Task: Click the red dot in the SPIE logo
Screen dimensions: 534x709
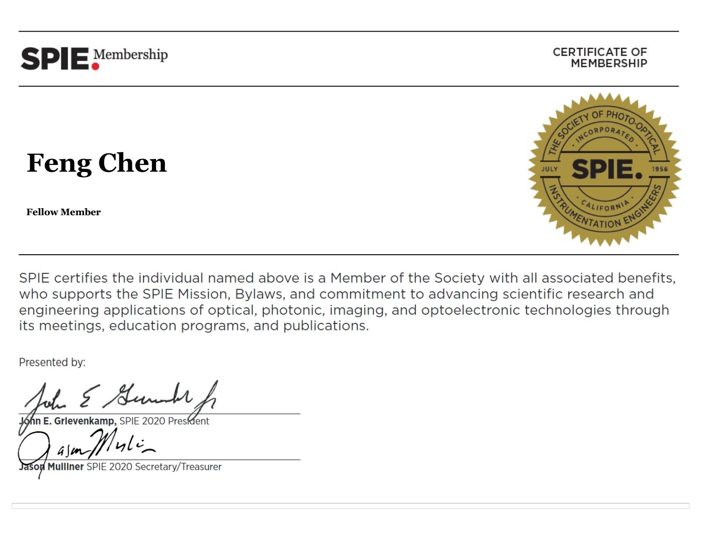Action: click(96, 66)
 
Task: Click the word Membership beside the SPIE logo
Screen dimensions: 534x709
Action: click(130, 55)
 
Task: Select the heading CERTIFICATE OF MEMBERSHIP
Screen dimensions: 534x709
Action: click(600, 58)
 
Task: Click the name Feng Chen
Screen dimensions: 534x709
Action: click(97, 163)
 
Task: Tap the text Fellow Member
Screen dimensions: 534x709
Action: click(64, 212)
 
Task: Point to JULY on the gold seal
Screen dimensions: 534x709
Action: click(549, 169)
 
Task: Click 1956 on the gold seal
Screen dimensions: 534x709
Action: click(659, 169)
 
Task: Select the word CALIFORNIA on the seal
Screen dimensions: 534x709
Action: click(605, 205)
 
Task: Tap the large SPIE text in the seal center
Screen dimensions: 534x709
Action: click(606, 169)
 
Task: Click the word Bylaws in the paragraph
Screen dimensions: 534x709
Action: click(258, 295)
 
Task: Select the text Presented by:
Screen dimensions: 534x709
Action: click(52, 363)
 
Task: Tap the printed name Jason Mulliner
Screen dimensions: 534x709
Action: click(52, 467)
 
